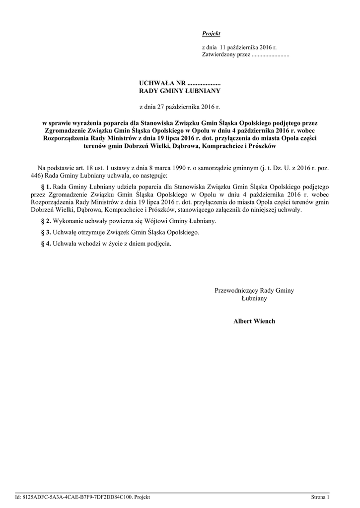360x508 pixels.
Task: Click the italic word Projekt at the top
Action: pos(211,33)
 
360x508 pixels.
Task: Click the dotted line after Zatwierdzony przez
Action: pos(271,55)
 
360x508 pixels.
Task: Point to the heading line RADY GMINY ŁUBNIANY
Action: pos(179,91)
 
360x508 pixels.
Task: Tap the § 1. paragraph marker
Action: pos(45,187)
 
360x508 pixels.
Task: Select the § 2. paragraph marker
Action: pos(45,221)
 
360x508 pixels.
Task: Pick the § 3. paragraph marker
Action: pos(45,232)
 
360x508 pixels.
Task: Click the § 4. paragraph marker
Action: pos(45,244)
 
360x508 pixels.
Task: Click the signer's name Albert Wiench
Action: pos(254,321)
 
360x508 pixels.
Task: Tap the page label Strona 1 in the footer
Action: pos(320,497)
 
